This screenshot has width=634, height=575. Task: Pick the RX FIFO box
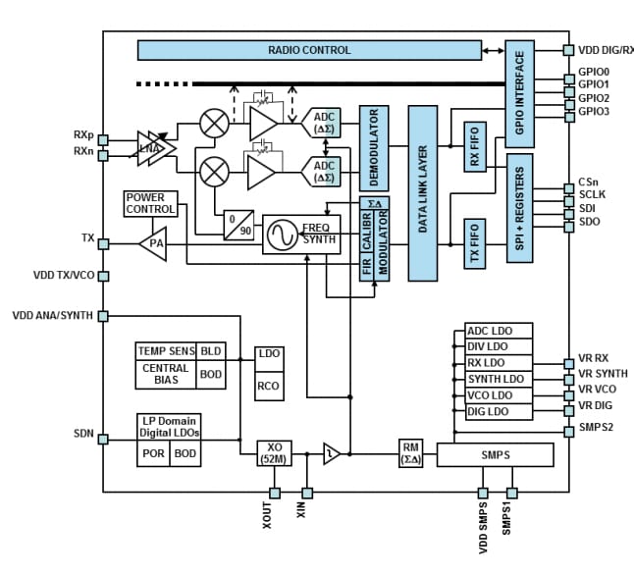pos(475,147)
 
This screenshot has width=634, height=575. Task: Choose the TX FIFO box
pos(475,243)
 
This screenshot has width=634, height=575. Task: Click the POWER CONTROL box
pos(150,203)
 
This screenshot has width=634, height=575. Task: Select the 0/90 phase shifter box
pos(237,223)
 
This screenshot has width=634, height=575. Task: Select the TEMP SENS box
pos(166,351)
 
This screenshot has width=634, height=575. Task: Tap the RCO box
pos(268,386)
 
